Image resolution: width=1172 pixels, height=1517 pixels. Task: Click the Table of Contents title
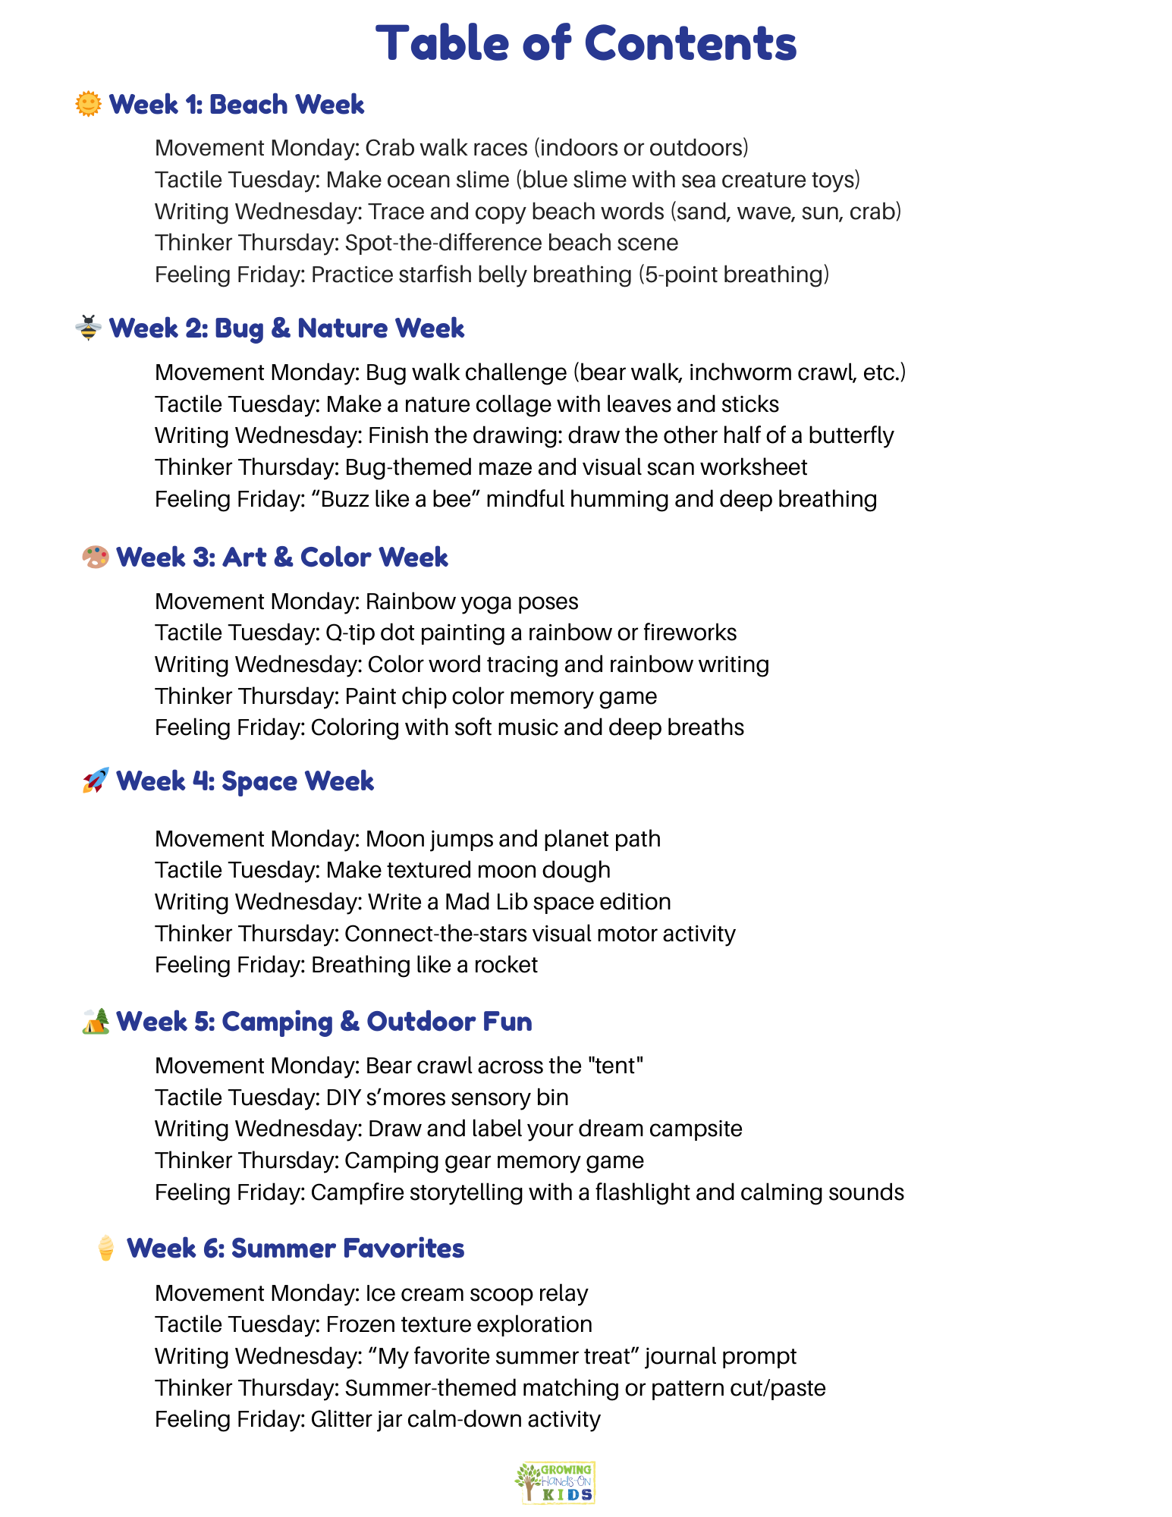coord(586,43)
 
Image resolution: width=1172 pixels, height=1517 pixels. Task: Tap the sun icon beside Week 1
coord(89,104)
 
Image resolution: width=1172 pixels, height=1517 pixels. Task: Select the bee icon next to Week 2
coord(89,328)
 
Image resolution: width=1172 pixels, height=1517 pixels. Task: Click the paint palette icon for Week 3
coord(96,557)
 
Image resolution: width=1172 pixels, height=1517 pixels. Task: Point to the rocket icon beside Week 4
coord(96,780)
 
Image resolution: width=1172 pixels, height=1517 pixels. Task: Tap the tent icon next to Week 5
coord(96,1021)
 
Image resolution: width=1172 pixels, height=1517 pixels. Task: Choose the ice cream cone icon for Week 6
coord(106,1248)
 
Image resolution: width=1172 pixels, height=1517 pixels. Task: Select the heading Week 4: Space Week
coord(245,780)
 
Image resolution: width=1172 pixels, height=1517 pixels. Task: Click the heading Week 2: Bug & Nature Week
coord(287,328)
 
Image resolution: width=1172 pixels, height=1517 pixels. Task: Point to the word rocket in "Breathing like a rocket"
coord(506,965)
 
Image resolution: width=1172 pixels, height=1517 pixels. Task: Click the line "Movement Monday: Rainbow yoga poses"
coord(366,601)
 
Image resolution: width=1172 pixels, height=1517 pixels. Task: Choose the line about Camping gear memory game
coord(399,1161)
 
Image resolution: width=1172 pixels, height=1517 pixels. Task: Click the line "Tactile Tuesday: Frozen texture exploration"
coord(373,1324)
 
